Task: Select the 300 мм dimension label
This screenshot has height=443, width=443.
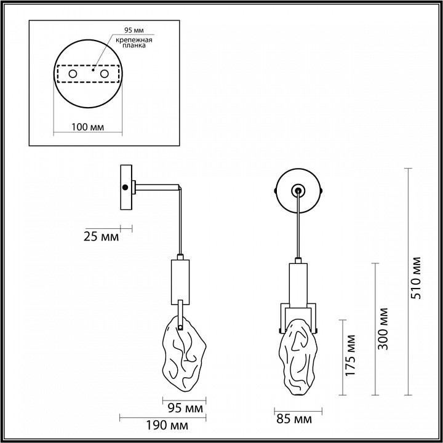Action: [383, 327]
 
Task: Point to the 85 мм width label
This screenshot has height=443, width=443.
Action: [295, 420]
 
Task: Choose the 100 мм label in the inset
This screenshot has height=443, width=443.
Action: [87, 127]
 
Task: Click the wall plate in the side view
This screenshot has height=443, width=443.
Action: [126, 187]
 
